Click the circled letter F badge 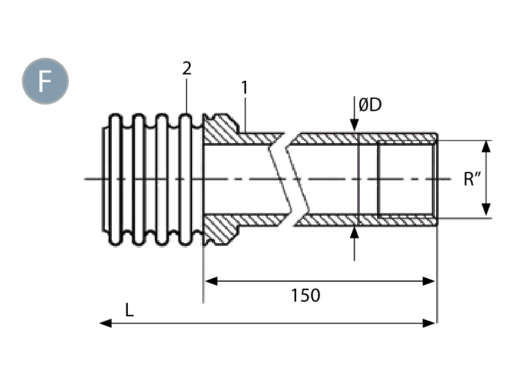click(45, 81)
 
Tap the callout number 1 click(244, 87)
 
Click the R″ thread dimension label click(472, 178)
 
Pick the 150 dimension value click(305, 296)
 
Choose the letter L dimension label click(130, 310)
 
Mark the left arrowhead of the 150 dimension click(208, 280)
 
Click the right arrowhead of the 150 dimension click(432, 280)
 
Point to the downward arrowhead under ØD click(355, 128)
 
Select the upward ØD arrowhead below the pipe click(355, 230)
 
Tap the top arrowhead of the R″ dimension click(486, 145)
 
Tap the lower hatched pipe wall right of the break click(366, 220)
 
